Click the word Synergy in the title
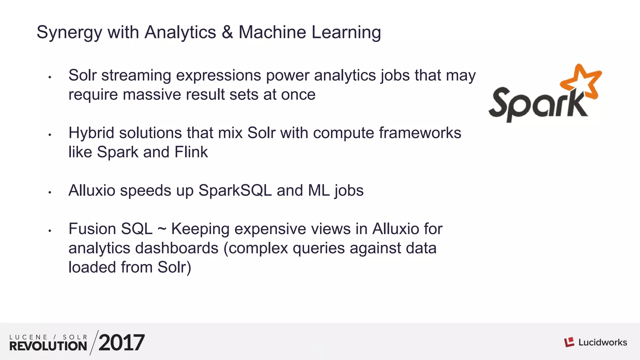69,33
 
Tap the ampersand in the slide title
227,32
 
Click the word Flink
191,152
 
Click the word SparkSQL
235,191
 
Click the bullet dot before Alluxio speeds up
50,192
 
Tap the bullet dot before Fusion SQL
50,231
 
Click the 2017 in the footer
122,343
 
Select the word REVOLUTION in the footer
48,346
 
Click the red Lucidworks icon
569,342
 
